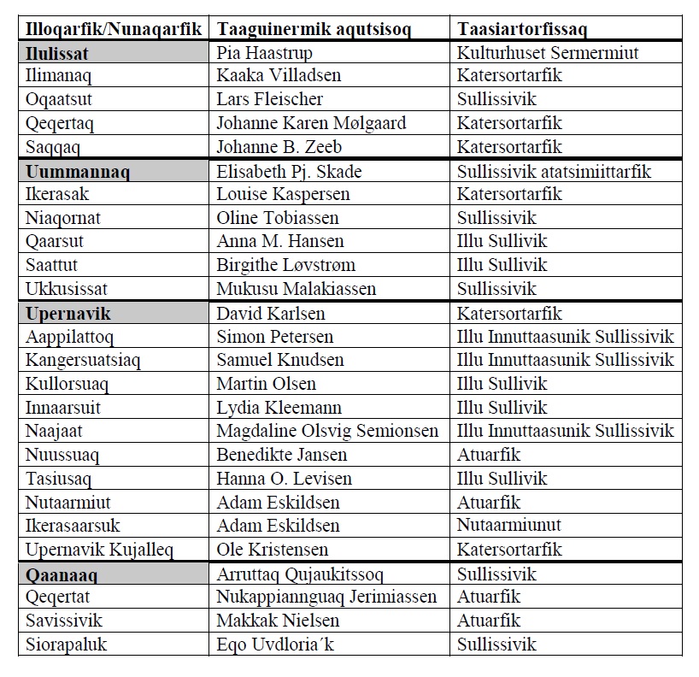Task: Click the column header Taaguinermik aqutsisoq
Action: pos(314,29)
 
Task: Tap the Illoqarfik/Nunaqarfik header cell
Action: pos(113,29)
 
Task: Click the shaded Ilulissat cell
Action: pos(57,53)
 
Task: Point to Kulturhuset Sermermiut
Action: pos(548,53)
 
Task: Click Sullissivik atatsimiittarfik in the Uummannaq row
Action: pos(554,172)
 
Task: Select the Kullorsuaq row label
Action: pos(65,384)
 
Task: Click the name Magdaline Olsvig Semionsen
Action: pos(327,431)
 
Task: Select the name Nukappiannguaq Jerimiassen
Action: pos(326,597)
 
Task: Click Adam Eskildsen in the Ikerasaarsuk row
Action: pos(278,526)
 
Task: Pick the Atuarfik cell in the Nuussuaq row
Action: pos(489,455)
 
